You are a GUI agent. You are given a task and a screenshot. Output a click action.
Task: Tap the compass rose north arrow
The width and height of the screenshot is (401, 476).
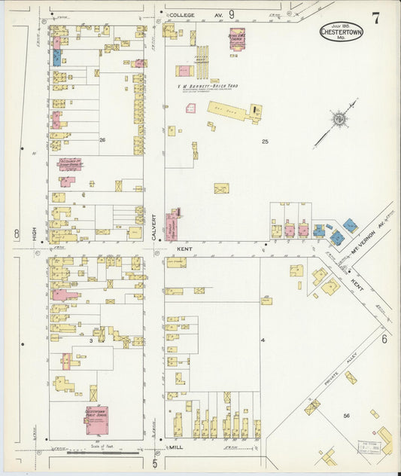tap(339, 119)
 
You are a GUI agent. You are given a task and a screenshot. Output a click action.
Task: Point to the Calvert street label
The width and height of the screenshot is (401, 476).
tap(153, 227)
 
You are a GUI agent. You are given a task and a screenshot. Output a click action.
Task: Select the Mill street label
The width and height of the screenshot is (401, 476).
tap(176, 447)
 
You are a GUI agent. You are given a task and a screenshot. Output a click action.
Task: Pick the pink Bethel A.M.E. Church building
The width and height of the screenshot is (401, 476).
tap(237, 38)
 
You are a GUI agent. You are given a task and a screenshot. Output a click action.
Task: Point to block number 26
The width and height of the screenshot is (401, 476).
tap(102, 139)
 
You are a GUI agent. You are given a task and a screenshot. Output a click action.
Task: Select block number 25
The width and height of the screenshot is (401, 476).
tap(265, 142)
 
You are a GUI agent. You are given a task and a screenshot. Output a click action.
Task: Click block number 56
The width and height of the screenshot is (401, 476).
tap(347, 416)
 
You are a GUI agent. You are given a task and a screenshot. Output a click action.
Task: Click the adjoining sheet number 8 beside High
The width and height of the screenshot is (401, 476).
tap(16, 234)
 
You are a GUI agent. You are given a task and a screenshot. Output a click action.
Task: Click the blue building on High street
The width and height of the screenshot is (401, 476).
tap(56, 57)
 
